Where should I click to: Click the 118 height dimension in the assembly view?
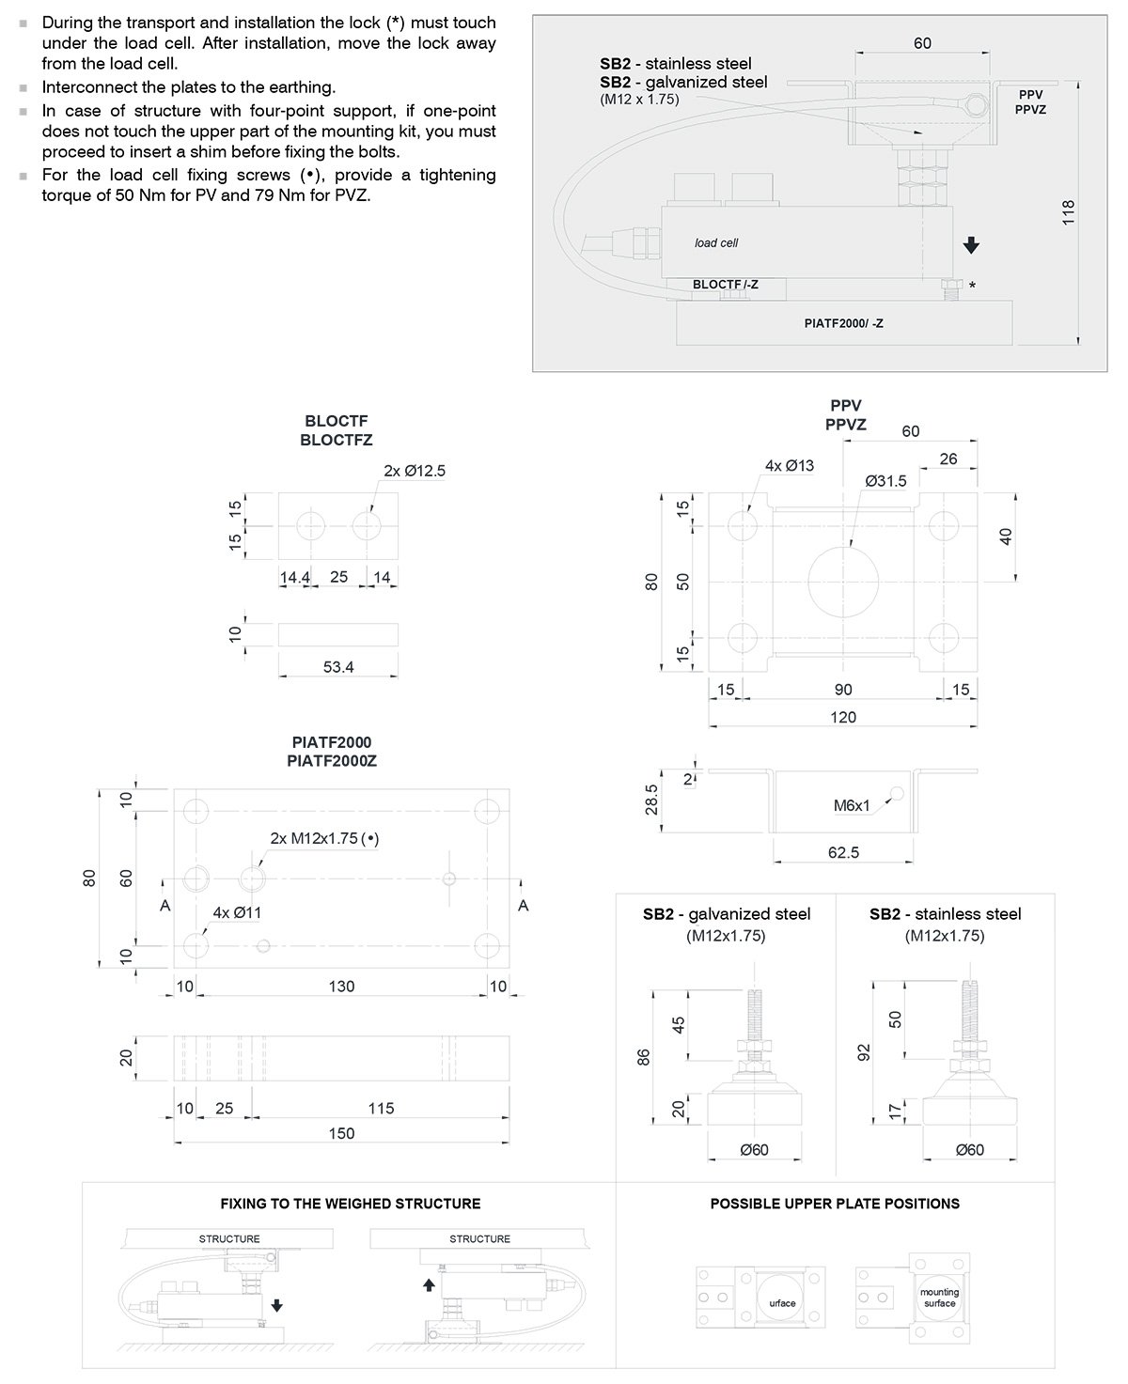pos(1067,212)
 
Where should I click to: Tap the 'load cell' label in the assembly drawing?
pos(716,242)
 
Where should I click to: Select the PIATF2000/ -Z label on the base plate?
pos(844,323)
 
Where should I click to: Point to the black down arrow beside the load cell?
pos(972,244)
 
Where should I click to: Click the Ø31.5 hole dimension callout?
pos(885,481)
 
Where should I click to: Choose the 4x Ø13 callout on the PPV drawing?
pos(790,465)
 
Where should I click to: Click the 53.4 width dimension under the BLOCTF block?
pos(338,667)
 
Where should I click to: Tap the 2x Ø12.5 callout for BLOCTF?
pos(415,471)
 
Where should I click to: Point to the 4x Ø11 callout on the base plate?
pos(237,912)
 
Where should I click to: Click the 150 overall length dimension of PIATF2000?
pos(341,1133)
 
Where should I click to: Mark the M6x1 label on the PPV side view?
pos(853,805)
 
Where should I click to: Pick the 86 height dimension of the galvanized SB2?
pos(644,1057)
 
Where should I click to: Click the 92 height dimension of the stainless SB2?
pos(865,1051)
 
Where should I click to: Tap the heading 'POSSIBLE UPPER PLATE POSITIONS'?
pos(835,1204)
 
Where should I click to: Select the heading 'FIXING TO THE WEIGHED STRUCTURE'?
pos(351,1204)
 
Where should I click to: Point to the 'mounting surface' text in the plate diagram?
pos(939,1298)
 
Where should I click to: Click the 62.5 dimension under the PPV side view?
pos(844,852)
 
